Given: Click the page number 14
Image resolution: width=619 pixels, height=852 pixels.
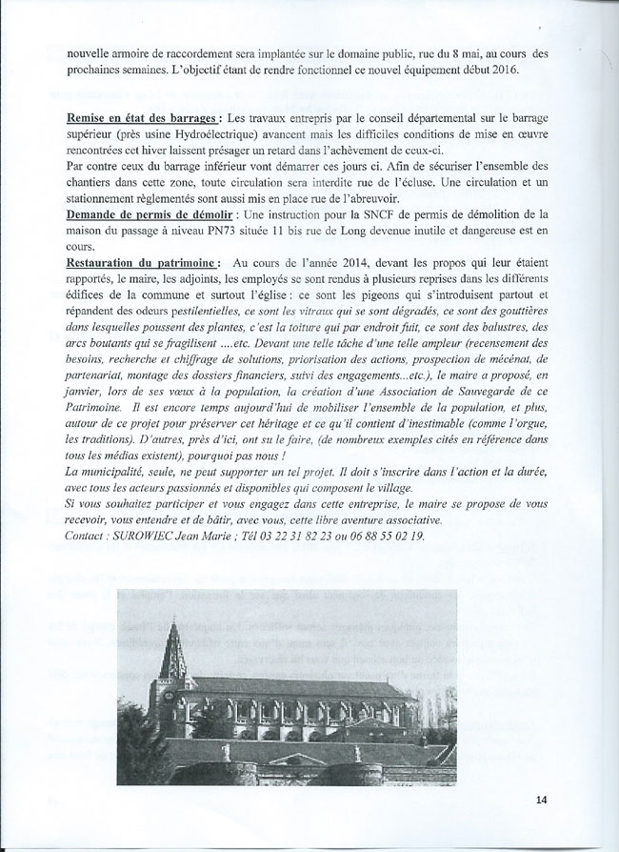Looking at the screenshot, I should [541, 799].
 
